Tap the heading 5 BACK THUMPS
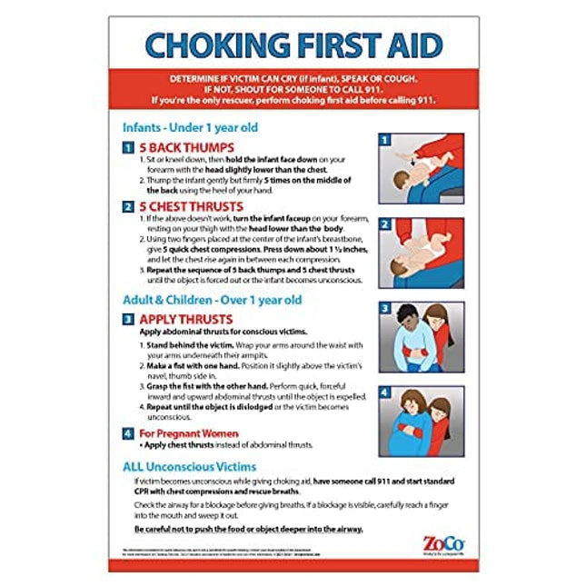coord(185,147)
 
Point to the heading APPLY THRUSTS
coord(185,320)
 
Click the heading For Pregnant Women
coord(188,433)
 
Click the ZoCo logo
coord(435,543)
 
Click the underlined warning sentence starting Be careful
coord(248,529)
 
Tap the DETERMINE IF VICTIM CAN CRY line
coord(292,80)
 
